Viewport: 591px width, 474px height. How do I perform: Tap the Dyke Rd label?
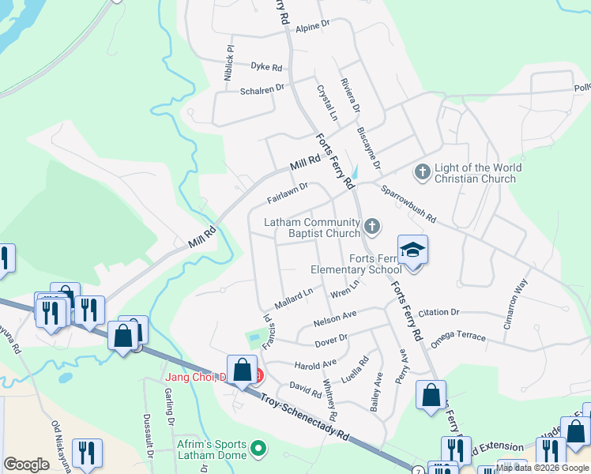pyautogui.click(x=266, y=68)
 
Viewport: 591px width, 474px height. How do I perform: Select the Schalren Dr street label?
pyautogui.click(x=262, y=91)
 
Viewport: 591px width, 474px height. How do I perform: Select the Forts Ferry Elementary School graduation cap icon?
pyautogui.click(x=412, y=250)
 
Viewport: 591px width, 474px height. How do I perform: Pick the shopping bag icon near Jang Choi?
pyautogui.click(x=243, y=369)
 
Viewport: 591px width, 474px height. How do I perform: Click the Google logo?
pyautogui.click(x=26, y=465)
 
